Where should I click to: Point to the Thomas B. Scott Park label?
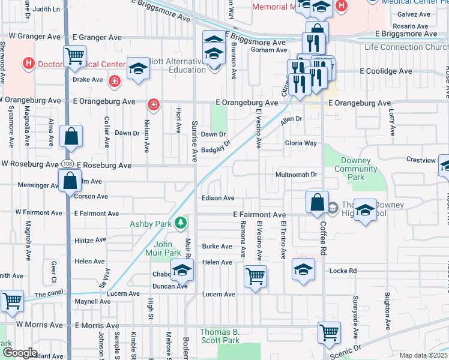220,336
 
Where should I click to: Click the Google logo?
20,353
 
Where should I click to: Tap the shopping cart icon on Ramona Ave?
256,277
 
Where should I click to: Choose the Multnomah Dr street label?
296,174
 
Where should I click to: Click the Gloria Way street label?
301,143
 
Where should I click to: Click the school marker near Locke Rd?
304,269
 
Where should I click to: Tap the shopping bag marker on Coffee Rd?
316,202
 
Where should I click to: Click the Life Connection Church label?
406,47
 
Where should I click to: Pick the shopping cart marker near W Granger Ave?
75,56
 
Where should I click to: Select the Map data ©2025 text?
423,355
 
